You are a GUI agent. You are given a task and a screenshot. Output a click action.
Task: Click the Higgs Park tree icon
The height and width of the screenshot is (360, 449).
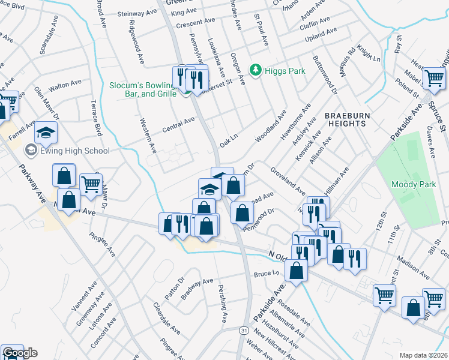[x=256, y=70]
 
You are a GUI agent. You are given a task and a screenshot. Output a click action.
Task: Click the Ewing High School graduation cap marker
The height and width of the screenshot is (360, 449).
[x=46, y=132]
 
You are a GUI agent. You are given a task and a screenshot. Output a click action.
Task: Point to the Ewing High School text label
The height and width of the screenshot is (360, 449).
[x=67, y=151]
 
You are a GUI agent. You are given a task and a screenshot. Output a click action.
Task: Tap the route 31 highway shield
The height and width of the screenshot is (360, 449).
[x=244, y=330]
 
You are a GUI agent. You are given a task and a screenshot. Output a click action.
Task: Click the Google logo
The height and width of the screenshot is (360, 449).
[x=20, y=353]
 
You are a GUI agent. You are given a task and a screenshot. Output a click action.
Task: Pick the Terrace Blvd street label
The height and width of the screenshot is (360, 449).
[x=95, y=118]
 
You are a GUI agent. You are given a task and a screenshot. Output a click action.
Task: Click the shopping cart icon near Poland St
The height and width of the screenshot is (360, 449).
[x=433, y=77]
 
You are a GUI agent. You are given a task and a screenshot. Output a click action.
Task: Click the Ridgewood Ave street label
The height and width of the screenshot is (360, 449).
[x=136, y=43]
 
